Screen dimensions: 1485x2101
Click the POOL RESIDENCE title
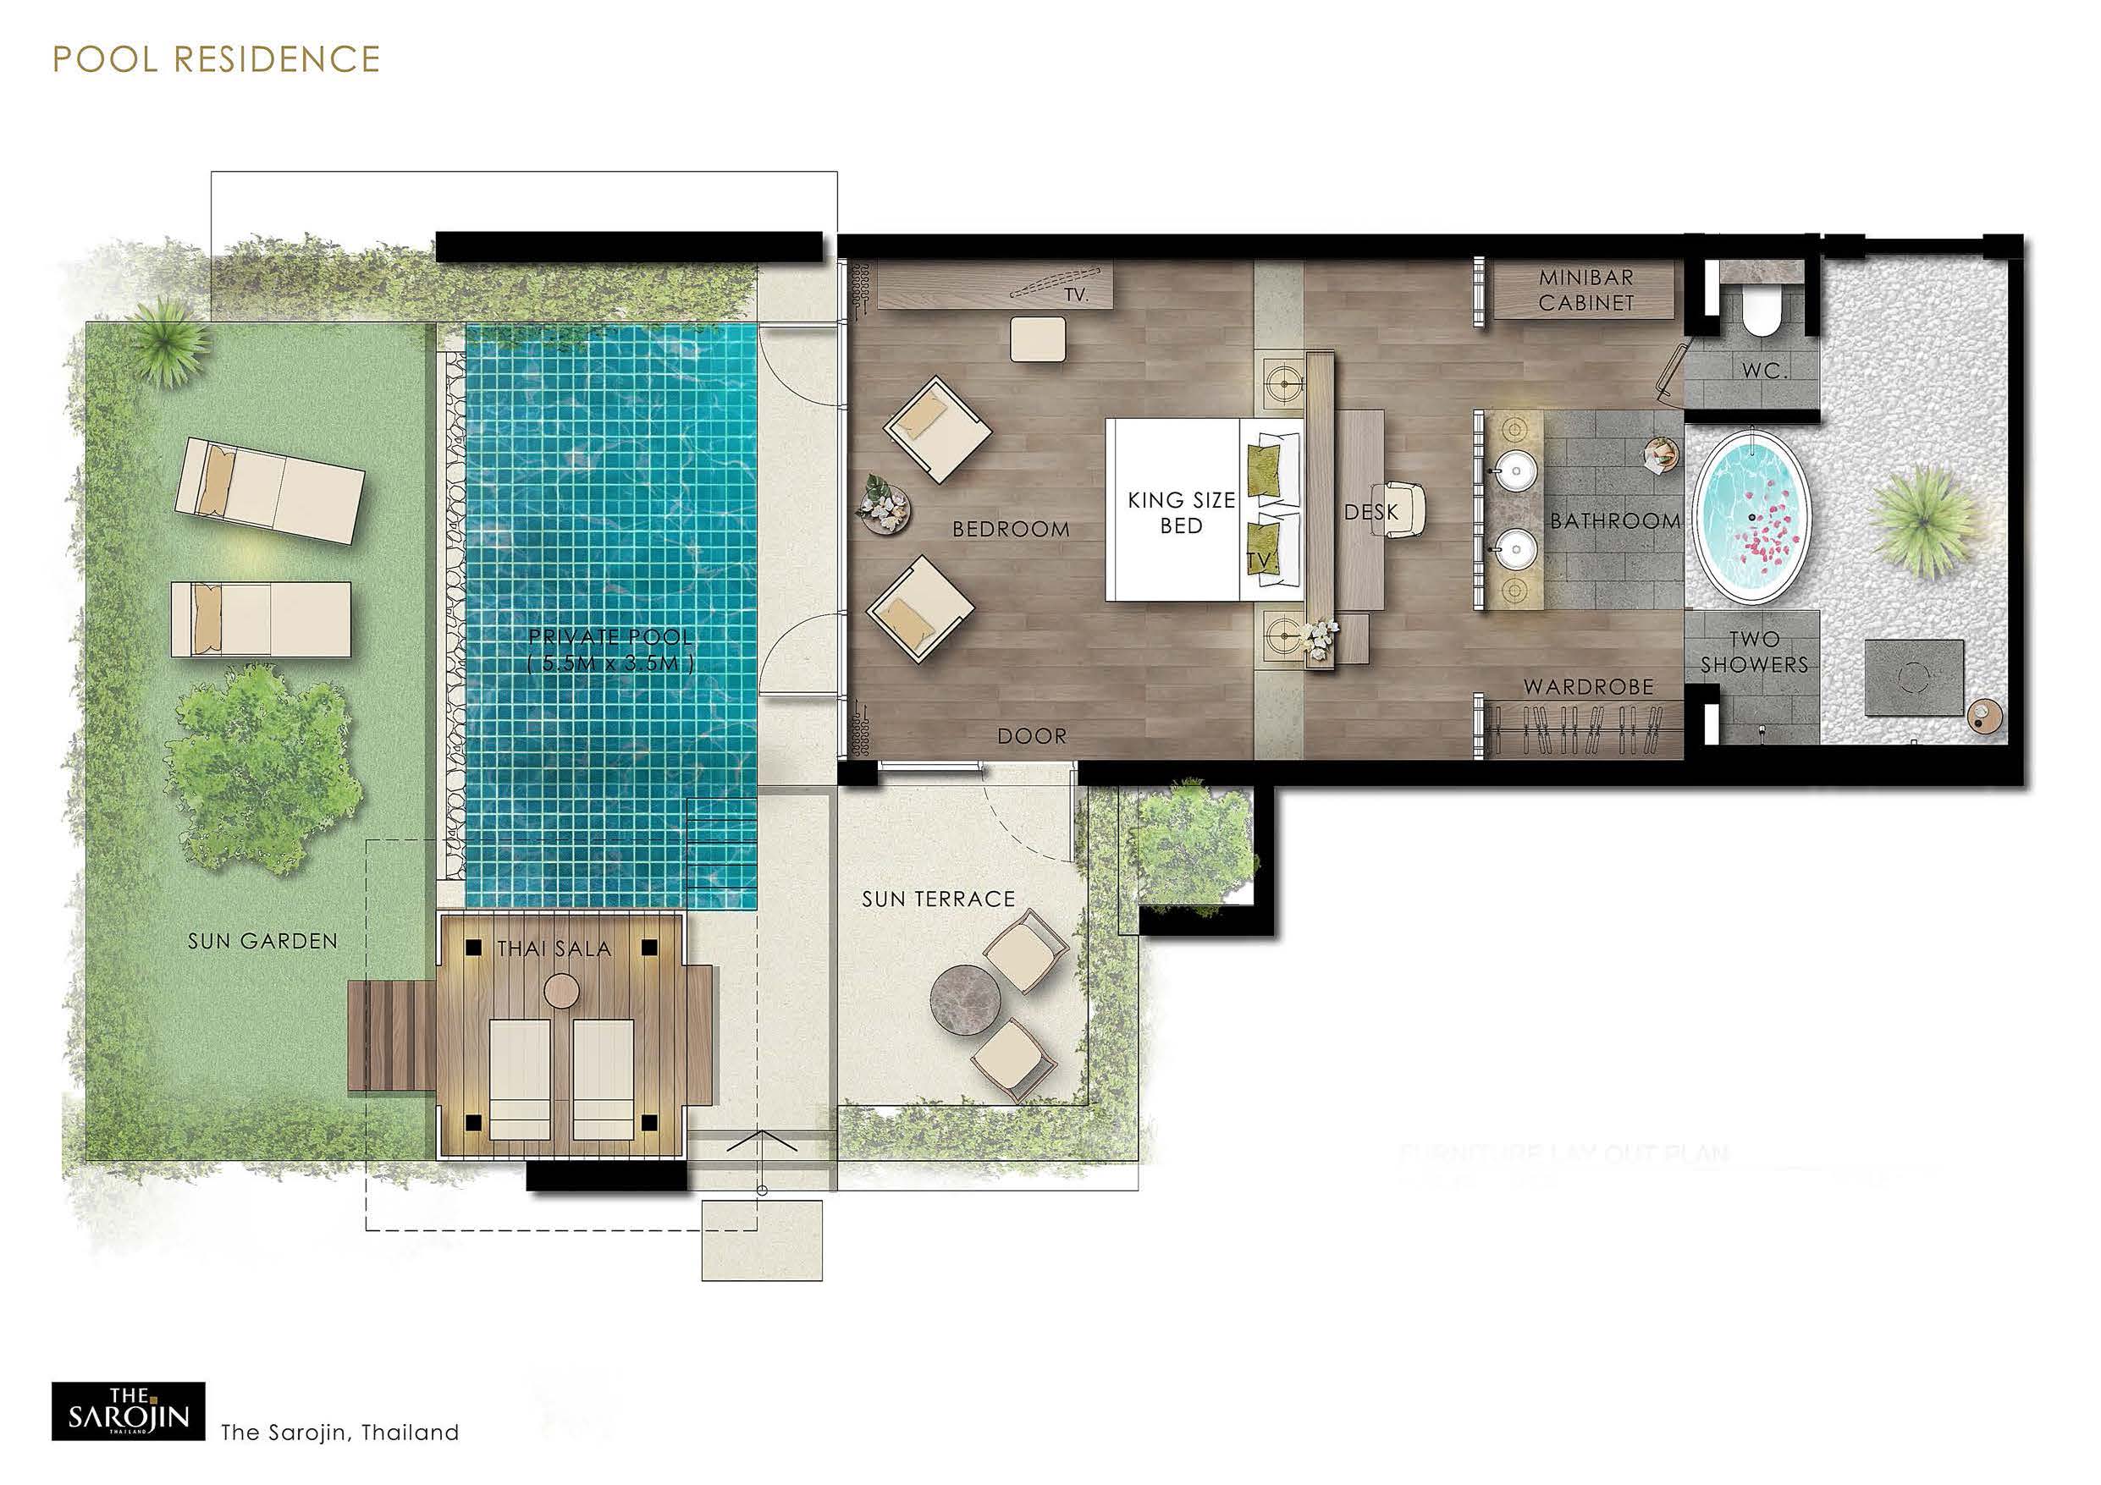(x=216, y=59)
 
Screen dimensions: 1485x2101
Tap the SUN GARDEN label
(x=262, y=941)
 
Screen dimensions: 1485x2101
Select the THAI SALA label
(x=554, y=949)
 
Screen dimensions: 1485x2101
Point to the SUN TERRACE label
(x=938, y=899)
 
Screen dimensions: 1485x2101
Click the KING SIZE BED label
(x=1181, y=513)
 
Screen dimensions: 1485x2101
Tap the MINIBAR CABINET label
(x=1585, y=289)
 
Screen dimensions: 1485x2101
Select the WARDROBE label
(x=1589, y=686)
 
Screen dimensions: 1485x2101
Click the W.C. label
(x=1764, y=371)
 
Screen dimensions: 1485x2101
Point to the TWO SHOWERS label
(x=1754, y=652)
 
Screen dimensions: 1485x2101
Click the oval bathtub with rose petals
(x=1751, y=517)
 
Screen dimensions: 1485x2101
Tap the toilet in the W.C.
(x=1761, y=316)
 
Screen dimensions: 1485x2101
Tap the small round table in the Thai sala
(x=561, y=990)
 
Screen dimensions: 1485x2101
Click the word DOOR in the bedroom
(x=1031, y=735)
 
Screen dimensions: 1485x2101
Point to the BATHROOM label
(x=1615, y=520)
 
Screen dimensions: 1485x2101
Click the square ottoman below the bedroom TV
(x=1039, y=339)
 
